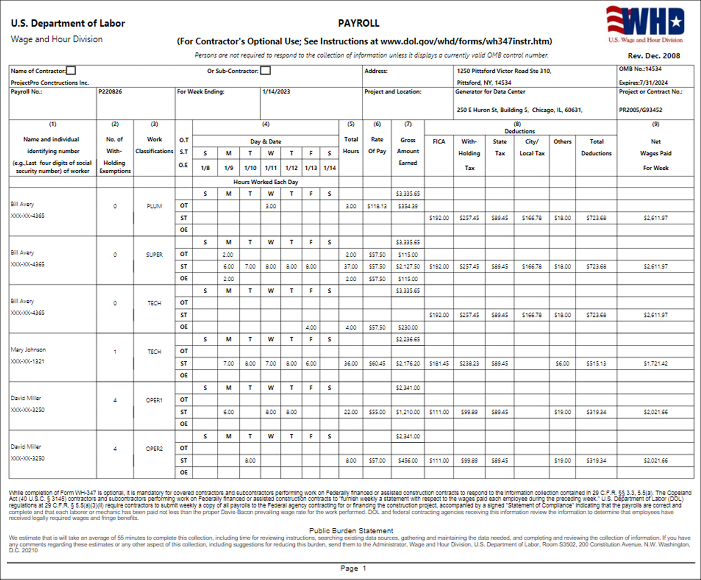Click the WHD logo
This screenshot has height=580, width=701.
click(x=645, y=24)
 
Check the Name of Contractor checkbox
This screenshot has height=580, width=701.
click(x=71, y=71)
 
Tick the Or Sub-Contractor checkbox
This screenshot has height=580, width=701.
click(x=265, y=71)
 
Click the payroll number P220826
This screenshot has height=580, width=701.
click(x=110, y=92)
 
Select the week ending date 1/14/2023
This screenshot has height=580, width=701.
click(x=276, y=92)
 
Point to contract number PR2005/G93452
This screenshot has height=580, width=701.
click(x=640, y=110)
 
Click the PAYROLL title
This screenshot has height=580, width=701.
click(x=358, y=23)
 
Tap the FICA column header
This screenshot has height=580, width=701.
click(x=438, y=142)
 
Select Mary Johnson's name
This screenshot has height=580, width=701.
click(x=28, y=350)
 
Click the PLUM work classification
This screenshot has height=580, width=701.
click(x=154, y=206)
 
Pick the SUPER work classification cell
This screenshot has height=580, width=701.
click(x=154, y=254)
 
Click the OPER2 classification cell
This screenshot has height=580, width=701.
click(x=154, y=449)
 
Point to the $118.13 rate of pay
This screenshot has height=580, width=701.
click(x=377, y=206)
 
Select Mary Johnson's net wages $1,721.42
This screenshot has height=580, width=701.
click(x=655, y=364)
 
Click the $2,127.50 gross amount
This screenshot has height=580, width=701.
click(x=407, y=267)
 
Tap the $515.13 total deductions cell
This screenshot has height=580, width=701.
click(x=596, y=364)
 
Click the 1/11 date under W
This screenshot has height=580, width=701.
click(x=271, y=168)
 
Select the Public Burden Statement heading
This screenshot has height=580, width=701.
click(x=351, y=531)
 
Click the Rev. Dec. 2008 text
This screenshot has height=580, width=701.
click(x=654, y=56)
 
